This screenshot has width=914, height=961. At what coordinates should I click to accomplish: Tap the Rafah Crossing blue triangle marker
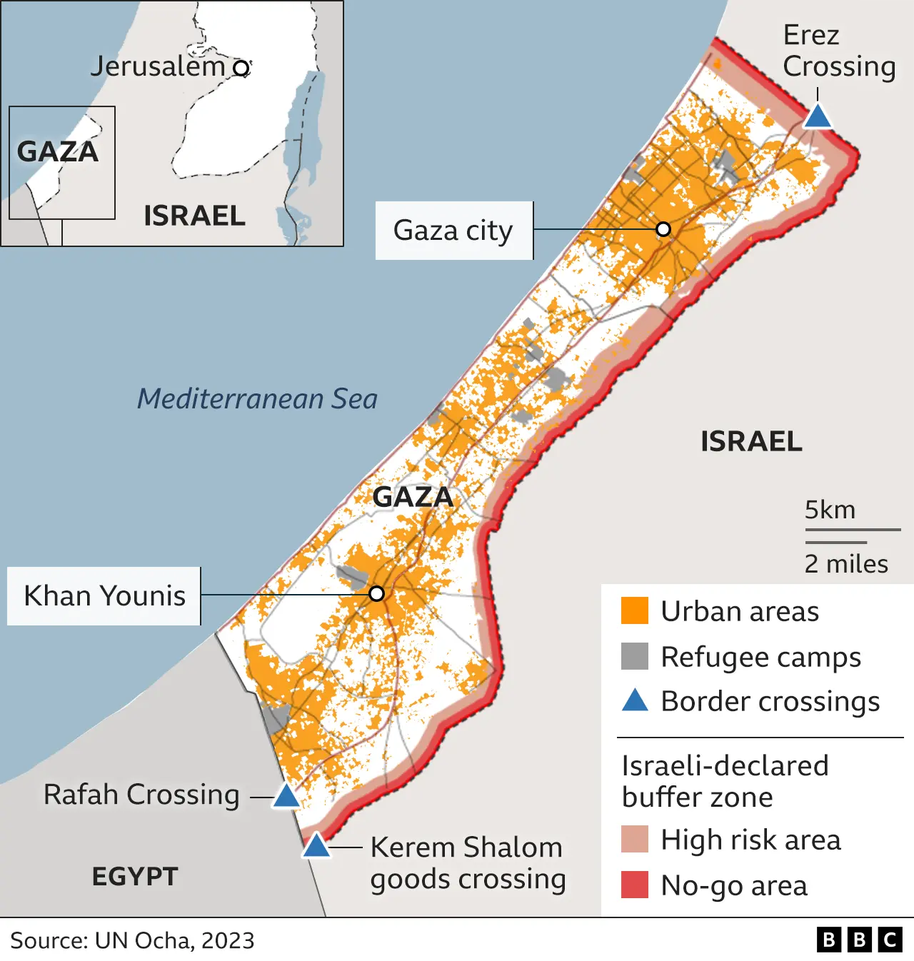[x=286, y=796]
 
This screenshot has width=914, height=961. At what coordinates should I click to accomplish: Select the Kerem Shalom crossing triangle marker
[x=316, y=847]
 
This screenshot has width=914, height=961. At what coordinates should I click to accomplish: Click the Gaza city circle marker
[x=663, y=229]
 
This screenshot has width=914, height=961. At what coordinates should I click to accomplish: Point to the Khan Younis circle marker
[x=377, y=593]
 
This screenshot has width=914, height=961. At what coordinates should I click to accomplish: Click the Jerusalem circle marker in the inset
[x=242, y=68]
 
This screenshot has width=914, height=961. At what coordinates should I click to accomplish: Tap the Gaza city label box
[x=453, y=231]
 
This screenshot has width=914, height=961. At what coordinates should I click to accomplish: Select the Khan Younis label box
[x=104, y=596]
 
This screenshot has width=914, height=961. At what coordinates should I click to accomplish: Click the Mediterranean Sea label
[x=257, y=398]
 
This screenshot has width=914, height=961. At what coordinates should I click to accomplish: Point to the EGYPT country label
[x=135, y=876]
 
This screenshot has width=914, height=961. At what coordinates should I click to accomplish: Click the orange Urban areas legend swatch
[x=634, y=611]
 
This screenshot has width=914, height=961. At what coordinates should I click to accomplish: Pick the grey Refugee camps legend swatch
[x=634, y=656]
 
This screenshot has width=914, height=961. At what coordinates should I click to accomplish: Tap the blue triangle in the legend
[x=635, y=701]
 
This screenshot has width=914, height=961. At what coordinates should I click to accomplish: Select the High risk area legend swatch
[x=634, y=840]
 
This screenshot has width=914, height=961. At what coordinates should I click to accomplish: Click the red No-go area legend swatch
[x=634, y=885]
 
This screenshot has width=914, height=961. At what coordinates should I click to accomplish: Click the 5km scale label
[x=830, y=510]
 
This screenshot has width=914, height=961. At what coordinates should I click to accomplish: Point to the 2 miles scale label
[x=846, y=564]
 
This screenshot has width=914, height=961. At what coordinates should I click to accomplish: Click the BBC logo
[x=860, y=940]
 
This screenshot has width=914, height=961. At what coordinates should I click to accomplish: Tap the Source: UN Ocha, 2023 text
[x=132, y=940]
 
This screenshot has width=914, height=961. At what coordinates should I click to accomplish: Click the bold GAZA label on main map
[x=413, y=497]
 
